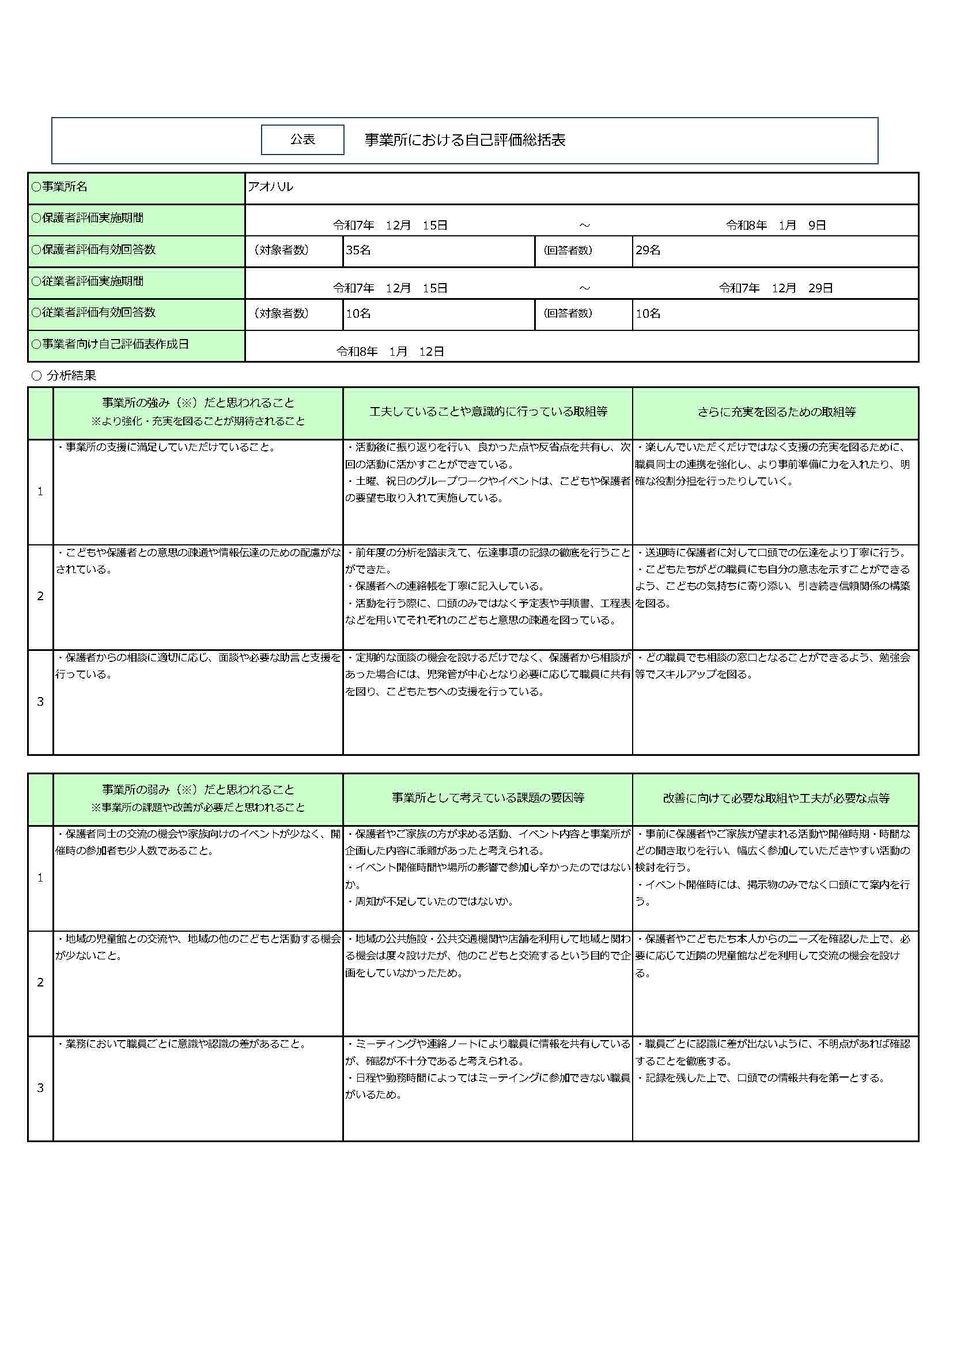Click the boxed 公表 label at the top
tap(302, 140)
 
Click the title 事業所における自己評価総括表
tap(465, 140)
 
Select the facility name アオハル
tap(271, 187)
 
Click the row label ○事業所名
tap(59, 187)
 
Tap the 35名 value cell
tap(358, 250)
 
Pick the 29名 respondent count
tap(648, 250)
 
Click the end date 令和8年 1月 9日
tap(775, 225)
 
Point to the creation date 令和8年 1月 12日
tap(390, 351)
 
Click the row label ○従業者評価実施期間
tap(88, 281)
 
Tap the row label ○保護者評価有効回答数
tap(93, 250)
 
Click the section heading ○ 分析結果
tap(63, 375)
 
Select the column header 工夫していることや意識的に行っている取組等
tap(487, 412)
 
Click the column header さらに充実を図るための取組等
tap(776, 412)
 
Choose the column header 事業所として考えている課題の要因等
tap(487, 798)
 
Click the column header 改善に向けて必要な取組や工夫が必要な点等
tap(776, 798)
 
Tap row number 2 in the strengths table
tap(40, 597)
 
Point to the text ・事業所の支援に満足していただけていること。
tap(165, 447)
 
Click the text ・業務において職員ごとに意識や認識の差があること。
tap(181, 1044)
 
